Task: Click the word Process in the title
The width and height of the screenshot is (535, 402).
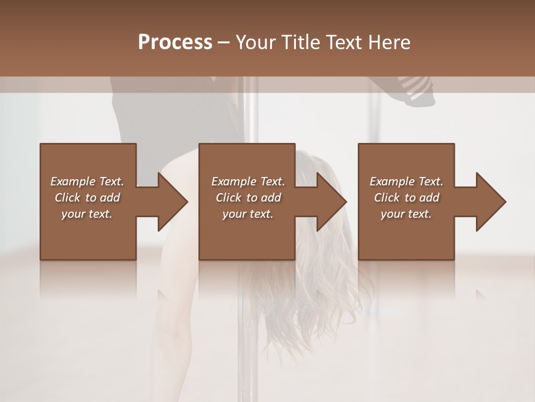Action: (x=175, y=42)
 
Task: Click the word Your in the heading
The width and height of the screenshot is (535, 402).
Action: (x=256, y=42)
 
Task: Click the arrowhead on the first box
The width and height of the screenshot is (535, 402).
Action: (x=172, y=202)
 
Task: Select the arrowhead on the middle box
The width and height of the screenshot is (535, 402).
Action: (x=331, y=202)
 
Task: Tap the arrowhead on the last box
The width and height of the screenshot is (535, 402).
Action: (x=490, y=202)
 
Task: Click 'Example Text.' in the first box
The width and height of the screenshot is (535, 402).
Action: (x=87, y=181)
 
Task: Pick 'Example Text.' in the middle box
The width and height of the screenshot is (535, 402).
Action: (x=248, y=181)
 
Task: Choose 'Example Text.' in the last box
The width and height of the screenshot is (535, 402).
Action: (x=406, y=181)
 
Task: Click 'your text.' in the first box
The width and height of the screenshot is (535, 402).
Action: (x=87, y=214)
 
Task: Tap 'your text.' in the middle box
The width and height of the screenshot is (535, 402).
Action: (x=248, y=214)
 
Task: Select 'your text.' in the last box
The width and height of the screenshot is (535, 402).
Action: (x=406, y=214)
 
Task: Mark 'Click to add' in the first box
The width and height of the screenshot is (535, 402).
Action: (x=87, y=198)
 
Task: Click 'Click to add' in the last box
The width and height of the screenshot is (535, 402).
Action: (x=407, y=198)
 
